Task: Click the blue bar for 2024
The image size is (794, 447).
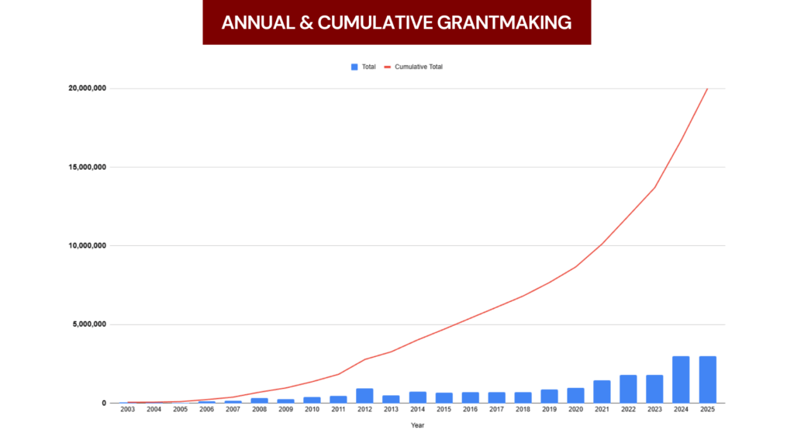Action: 681,379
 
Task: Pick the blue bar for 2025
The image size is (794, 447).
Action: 707,379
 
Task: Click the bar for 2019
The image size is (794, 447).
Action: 549,397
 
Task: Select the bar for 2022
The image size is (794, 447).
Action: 628,389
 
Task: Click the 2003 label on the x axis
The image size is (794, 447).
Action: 128,409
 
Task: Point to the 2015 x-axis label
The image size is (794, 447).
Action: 444,409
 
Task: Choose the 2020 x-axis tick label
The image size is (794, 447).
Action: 575,409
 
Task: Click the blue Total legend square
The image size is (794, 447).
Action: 354,67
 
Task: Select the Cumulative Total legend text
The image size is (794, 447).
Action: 419,67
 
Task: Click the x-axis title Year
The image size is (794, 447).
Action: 417,424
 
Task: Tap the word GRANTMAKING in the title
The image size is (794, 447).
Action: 513,23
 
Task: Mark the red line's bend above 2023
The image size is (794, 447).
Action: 654,187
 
